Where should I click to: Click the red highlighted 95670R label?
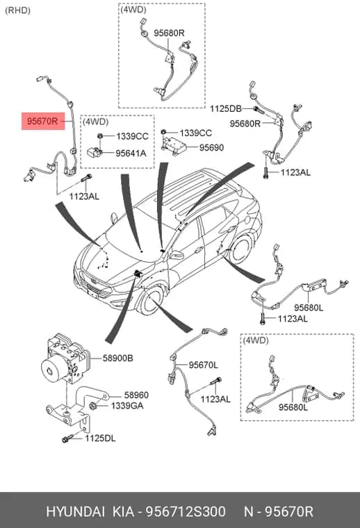coord(43,121)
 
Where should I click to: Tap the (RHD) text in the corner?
coord(17,10)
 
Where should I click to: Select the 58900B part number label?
coord(118,358)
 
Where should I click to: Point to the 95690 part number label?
coord(211,147)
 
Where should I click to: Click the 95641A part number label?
coord(131,154)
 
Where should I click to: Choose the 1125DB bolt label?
coord(226,109)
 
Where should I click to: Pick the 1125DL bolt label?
coord(100,438)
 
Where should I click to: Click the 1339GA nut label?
coord(127,406)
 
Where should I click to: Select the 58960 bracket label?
coord(136,395)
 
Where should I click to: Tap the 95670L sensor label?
coord(203,365)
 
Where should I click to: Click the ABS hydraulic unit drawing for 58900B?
coord(65,358)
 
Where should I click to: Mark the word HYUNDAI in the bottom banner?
coord(75,512)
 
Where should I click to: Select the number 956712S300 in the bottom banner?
coord(186,512)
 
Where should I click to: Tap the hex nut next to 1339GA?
coord(93,406)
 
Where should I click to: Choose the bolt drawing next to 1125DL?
coord(67,438)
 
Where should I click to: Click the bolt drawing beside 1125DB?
coord(259,109)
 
